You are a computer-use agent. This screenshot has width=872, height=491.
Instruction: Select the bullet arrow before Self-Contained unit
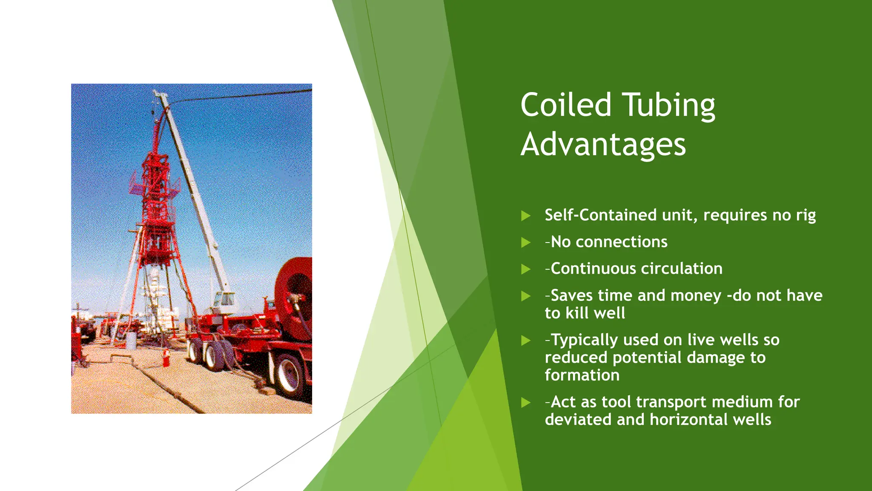pyautogui.click(x=526, y=216)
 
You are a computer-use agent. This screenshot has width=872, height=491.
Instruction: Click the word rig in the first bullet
pyautogui.click(x=806, y=216)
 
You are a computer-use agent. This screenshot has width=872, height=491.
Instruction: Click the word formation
pyautogui.click(x=582, y=375)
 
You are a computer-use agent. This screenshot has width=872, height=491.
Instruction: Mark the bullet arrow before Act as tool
pyautogui.click(x=526, y=402)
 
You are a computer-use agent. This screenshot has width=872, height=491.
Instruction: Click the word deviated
pyautogui.click(x=578, y=420)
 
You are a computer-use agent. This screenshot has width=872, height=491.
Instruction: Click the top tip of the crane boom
pyautogui.click(x=156, y=92)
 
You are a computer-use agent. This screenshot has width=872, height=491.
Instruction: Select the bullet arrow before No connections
pyautogui.click(x=526, y=243)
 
